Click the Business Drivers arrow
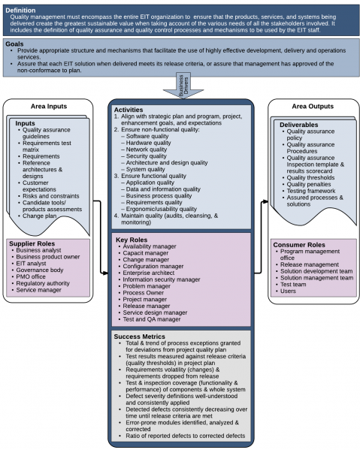coord(183,86)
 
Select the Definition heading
coord(20,11)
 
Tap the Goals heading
coord(14,44)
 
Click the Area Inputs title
coord(49,106)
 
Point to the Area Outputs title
coord(313,106)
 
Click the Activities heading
coord(129,110)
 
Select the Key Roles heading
coord(132,240)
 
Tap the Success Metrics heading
coord(140,337)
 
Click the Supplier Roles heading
coord(32,243)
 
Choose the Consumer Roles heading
coord(299,245)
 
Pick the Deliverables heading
coord(299,125)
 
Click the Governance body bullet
coord(40,270)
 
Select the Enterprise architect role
coord(148,273)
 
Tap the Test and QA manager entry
coord(152,319)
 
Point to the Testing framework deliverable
coord(311,191)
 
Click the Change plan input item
coord(39,216)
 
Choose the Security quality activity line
coord(146,156)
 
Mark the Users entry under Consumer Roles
coord(288,291)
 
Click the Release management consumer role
coord(310,264)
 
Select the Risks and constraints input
coord(51,196)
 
